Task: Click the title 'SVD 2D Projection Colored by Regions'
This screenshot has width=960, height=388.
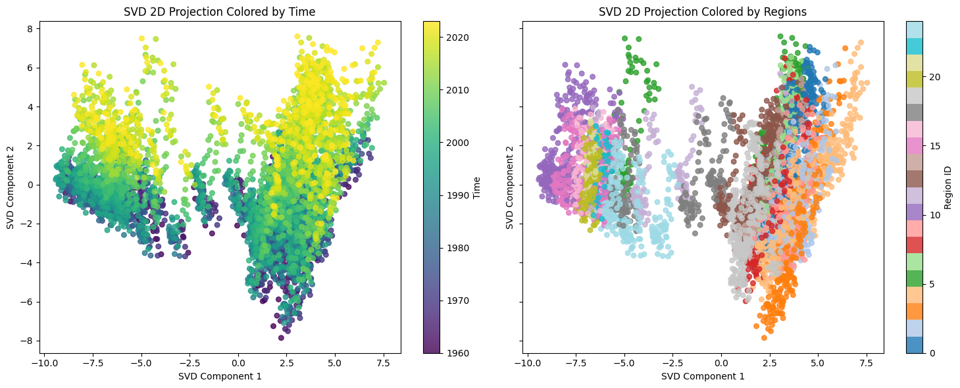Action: [702, 11]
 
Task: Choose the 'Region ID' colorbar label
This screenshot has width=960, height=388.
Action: [949, 187]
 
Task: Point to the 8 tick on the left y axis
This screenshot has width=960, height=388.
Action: [30, 29]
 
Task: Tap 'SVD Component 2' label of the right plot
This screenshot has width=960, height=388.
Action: [510, 187]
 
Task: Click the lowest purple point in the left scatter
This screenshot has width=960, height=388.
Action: [281, 337]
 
